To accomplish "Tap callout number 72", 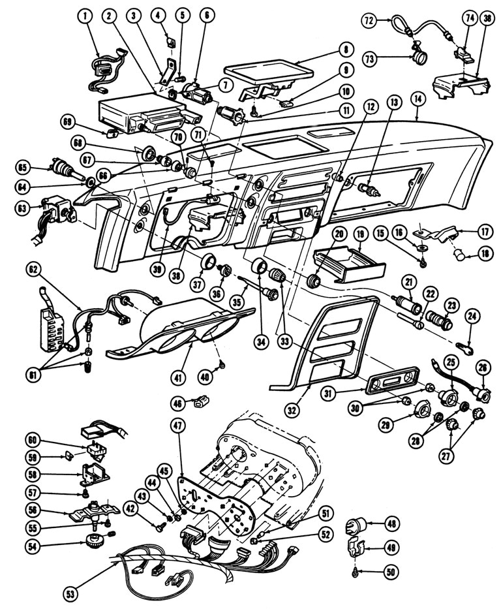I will click(x=369, y=22).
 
